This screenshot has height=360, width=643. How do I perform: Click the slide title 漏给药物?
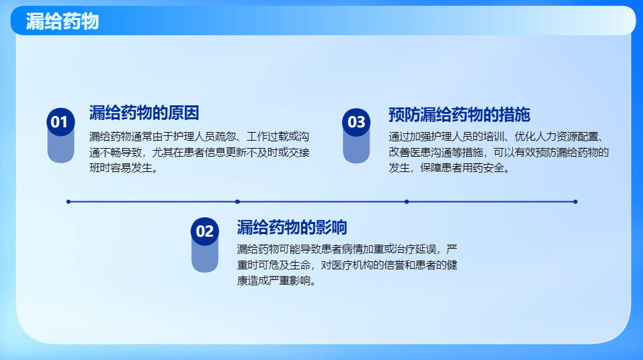point(62,21)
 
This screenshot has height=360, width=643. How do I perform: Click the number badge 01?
point(60,122)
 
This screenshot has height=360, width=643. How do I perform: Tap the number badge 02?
point(205,231)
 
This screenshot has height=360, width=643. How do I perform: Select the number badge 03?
point(356,122)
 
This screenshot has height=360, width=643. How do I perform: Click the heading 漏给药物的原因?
point(144,113)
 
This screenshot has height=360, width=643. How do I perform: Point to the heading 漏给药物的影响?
point(291,227)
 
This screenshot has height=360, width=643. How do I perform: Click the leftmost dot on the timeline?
point(68,201)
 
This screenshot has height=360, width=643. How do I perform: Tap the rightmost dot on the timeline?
point(575,201)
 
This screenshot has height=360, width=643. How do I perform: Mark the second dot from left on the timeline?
point(237,201)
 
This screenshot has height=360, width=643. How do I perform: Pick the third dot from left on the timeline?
point(406,201)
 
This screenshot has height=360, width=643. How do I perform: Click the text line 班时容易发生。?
point(124,168)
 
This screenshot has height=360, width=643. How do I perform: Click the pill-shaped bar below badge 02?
point(205,257)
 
